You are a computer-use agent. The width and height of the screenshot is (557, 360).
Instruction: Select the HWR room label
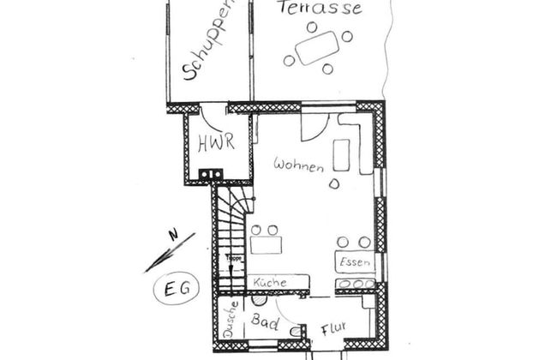[x=216, y=143]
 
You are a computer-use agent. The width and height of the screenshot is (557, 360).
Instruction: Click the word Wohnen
[x=298, y=165]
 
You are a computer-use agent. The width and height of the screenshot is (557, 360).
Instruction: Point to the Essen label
[x=355, y=262]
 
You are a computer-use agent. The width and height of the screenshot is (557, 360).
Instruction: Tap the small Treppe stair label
[x=233, y=257]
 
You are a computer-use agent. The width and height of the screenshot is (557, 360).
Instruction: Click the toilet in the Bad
[x=295, y=332]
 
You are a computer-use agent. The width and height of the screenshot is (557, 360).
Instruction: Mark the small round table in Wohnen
[x=334, y=183]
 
